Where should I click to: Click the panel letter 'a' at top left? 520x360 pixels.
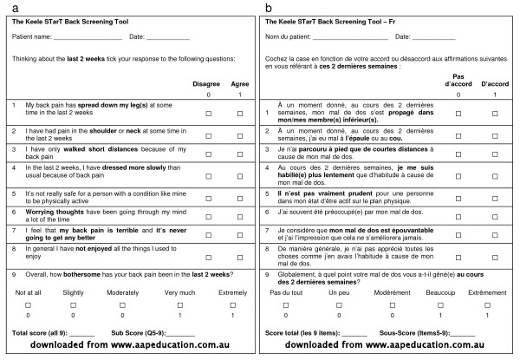[8, 8]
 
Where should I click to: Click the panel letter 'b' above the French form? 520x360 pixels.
[269, 8]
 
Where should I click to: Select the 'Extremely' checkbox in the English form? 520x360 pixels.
[233, 305]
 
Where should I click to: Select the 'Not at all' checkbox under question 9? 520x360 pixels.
[27, 305]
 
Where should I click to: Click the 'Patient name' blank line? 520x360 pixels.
[88, 38]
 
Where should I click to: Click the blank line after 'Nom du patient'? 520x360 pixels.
[352, 38]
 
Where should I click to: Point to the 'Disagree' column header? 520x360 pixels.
[205, 84]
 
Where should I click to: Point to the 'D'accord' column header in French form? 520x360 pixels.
[495, 84]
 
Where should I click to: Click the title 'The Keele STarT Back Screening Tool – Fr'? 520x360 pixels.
[329, 22]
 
